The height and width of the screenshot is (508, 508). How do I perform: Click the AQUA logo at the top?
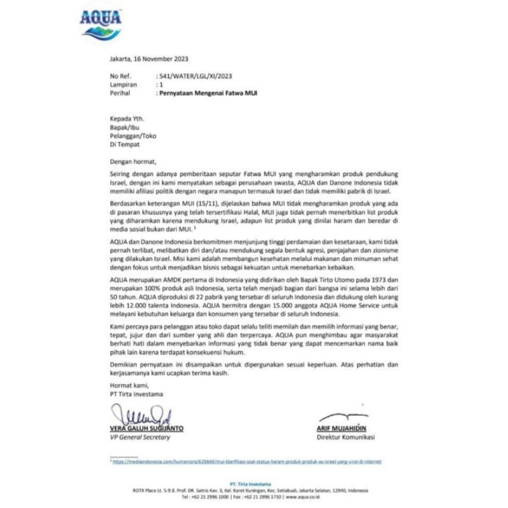click(100, 23)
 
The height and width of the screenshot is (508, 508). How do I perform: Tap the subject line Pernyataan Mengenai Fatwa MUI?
click(209, 93)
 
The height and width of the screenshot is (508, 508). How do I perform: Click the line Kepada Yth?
click(126, 118)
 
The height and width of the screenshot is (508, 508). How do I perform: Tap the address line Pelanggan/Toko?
click(132, 135)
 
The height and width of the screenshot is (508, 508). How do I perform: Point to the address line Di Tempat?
click(124, 144)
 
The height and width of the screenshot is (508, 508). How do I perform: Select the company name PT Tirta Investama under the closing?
click(135, 394)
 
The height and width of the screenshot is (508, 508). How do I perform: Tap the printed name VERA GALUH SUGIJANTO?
click(146, 429)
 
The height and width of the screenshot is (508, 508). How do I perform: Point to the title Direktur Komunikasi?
click(345, 438)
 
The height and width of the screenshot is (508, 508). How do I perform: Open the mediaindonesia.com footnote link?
click(247, 462)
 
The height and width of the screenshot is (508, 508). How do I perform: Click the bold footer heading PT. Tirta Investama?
click(254, 484)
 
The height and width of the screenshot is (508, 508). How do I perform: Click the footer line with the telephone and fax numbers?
click(254, 497)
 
